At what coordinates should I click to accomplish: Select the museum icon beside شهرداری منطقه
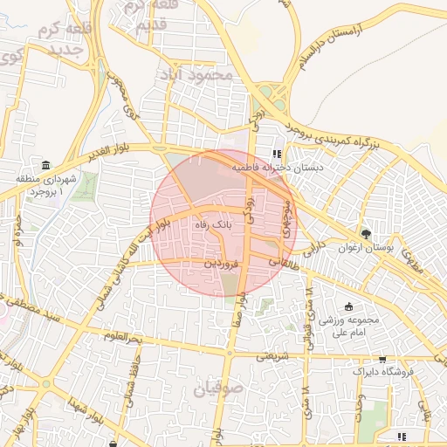tap(45, 166)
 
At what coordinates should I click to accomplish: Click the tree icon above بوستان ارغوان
tap(365, 234)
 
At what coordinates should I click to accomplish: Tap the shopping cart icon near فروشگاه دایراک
tap(382, 359)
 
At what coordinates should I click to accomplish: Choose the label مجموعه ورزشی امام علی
tap(347, 326)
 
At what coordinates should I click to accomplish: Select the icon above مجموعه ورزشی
tap(349, 306)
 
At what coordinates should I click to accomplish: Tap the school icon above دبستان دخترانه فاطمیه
tap(277, 153)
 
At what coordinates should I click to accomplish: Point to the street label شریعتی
tap(272, 355)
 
